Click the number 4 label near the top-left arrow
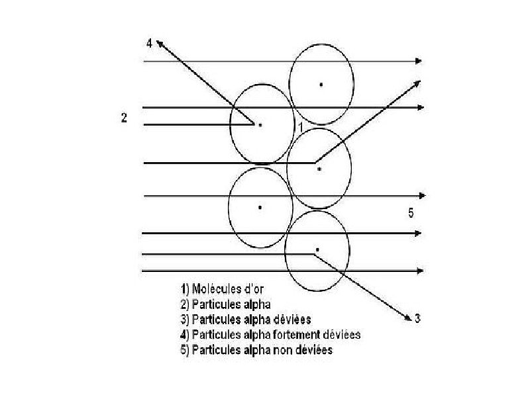click(x=150, y=44)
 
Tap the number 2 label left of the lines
click(x=124, y=118)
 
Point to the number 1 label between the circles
click(x=300, y=126)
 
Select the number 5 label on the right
click(x=411, y=212)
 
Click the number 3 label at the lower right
click(x=417, y=320)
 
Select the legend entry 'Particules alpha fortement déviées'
click(x=270, y=334)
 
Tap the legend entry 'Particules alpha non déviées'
click(x=256, y=349)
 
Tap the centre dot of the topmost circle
click(x=321, y=84)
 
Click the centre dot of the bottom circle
click(x=317, y=249)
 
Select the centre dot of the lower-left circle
click(x=260, y=207)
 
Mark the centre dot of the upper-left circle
click(x=260, y=124)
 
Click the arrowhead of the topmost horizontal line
click(x=418, y=61)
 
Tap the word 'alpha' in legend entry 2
click(x=251, y=304)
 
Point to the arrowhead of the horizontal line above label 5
click(x=421, y=196)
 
